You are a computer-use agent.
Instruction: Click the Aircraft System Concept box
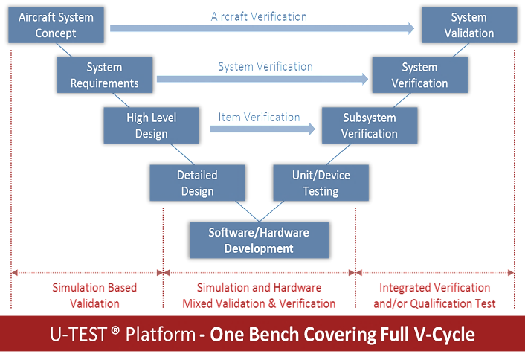tap(56, 25)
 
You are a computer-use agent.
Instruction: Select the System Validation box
tap(469, 25)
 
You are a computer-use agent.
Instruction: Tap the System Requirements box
tap(105, 74)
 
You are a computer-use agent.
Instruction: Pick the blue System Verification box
tap(420, 74)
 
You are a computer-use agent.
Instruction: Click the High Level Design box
tap(152, 125)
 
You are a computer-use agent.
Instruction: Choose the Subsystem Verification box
tap(370, 125)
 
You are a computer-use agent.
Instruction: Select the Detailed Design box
tap(198, 183)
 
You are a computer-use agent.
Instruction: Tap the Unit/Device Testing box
tap(321, 183)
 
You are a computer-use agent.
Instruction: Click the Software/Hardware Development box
tap(259, 240)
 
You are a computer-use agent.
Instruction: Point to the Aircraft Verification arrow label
tap(259, 16)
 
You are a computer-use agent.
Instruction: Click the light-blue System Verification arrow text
tap(265, 66)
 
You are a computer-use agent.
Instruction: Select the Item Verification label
tap(259, 118)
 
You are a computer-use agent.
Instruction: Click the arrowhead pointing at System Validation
tap(410, 28)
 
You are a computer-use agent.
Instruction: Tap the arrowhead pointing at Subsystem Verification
tap(312, 129)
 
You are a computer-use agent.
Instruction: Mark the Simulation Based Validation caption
tap(94, 295)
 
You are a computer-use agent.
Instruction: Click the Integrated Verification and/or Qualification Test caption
tap(434, 295)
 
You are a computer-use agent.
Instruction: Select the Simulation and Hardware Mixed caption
tap(259, 295)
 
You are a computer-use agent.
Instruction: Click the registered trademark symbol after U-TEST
tap(115, 330)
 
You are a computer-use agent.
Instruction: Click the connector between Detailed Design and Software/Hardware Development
tap(247, 211)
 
